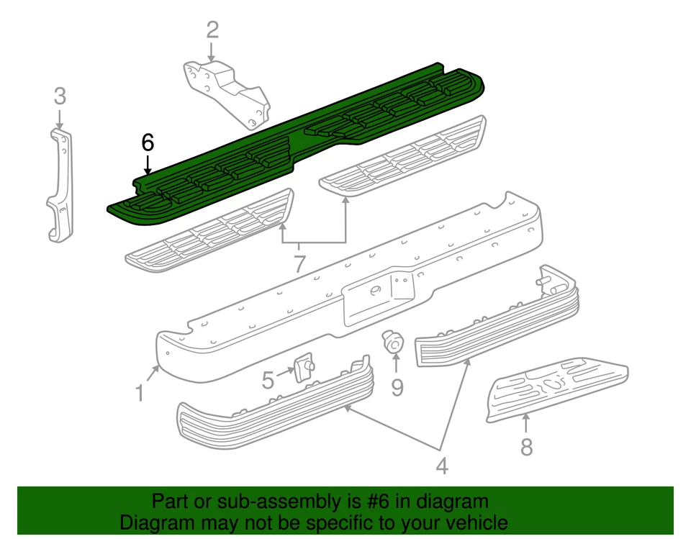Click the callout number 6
coord(148,142)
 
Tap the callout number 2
coord(212,30)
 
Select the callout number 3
coord(60,95)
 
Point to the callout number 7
coord(299,263)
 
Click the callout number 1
coord(140,393)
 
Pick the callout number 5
coord(268,379)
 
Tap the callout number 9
coord(397,387)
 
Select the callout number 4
coord(441,466)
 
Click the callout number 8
coord(527,447)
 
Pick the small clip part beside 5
coord(303,366)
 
